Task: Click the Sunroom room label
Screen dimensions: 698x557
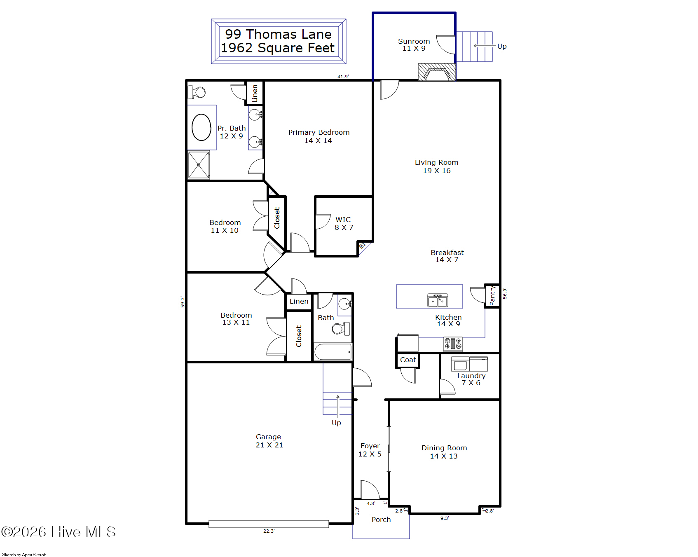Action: click(414, 44)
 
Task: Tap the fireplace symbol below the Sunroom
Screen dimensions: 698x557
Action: click(437, 72)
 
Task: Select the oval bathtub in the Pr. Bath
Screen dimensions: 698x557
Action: click(201, 127)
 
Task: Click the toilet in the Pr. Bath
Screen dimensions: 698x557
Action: click(197, 92)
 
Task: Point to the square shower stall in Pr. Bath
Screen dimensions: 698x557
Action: click(199, 165)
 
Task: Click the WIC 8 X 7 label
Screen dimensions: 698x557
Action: click(344, 223)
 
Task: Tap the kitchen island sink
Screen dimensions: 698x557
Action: click(438, 300)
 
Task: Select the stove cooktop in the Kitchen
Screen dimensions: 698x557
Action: click(453, 344)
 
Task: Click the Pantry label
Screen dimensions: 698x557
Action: click(492, 296)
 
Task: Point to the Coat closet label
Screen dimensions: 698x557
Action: click(408, 360)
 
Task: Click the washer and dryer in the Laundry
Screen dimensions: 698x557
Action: click(469, 364)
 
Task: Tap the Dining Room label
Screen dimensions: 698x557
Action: click(444, 452)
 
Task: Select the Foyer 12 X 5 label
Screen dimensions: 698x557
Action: click(370, 450)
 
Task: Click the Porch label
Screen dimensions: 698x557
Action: click(381, 520)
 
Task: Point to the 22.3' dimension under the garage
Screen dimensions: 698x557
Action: click(269, 531)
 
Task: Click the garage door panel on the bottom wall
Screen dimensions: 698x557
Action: click(269, 524)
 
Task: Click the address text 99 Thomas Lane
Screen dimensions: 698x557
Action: click(278, 34)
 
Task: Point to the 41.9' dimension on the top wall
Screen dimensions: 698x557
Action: click(343, 77)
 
